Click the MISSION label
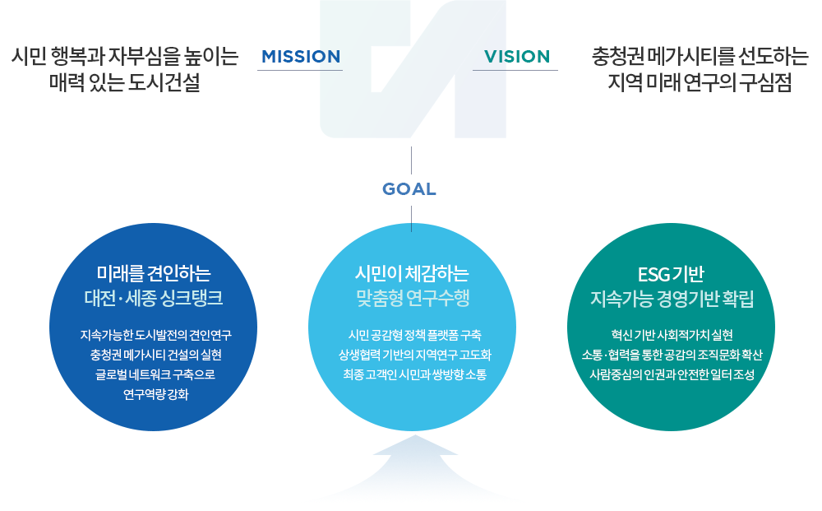(x=301, y=57)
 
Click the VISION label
(x=517, y=57)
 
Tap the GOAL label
(x=409, y=189)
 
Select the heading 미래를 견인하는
(x=154, y=273)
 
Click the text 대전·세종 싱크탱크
(x=154, y=298)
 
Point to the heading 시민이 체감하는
(x=412, y=273)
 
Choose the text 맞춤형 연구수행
(x=413, y=298)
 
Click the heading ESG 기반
(x=671, y=274)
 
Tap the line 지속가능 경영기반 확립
(x=672, y=299)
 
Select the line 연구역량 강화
(x=155, y=394)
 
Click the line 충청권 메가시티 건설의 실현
(x=155, y=355)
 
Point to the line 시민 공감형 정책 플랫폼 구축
(x=414, y=335)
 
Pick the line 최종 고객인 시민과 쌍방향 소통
(x=414, y=374)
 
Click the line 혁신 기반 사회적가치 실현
(x=672, y=335)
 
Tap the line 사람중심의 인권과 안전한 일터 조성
(x=672, y=374)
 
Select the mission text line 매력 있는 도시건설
(x=125, y=82)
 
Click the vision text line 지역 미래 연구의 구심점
(x=700, y=82)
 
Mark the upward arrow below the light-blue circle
(x=414, y=462)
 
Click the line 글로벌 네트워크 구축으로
(x=155, y=374)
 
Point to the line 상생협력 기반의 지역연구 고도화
(x=414, y=355)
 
